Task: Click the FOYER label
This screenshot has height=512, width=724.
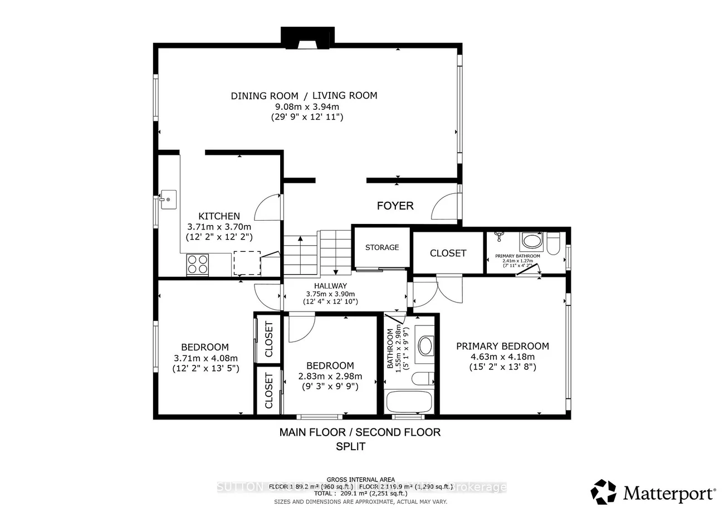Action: (x=395, y=206)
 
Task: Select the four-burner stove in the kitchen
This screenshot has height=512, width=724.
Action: (x=197, y=264)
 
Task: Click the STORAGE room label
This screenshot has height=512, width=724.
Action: (x=382, y=247)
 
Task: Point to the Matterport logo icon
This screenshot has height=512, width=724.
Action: (x=604, y=492)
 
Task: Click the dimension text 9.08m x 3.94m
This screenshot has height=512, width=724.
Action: (x=304, y=107)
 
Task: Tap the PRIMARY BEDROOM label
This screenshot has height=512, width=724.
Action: (x=502, y=346)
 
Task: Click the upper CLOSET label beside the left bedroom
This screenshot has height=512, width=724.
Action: (x=269, y=339)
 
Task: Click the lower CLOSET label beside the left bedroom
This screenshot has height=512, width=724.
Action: (x=269, y=390)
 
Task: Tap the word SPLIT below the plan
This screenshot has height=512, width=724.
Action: (x=351, y=446)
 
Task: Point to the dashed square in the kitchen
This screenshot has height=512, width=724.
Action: (x=247, y=263)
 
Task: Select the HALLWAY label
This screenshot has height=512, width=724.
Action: (x=330, y=285)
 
